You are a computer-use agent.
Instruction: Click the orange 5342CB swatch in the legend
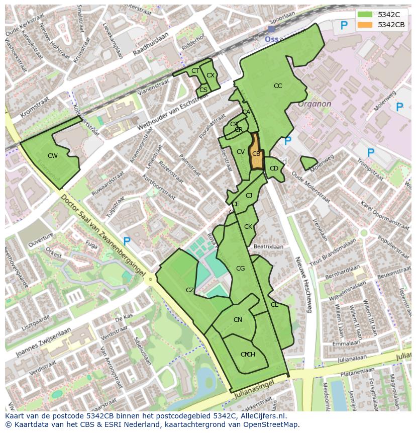365,25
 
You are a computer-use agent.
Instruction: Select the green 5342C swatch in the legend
365,14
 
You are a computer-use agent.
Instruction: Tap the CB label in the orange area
256,154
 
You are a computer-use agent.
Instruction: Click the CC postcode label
278,86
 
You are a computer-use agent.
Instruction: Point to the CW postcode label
53,156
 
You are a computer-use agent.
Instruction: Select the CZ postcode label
190,290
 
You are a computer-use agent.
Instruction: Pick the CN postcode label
238,320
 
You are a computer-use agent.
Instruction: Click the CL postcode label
274,305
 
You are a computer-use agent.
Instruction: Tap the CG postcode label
240,269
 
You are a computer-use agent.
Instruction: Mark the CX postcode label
211,75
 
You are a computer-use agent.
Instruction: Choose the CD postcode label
274,168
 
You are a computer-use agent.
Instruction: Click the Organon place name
315,104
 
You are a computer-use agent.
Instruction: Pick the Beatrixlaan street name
269,247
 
